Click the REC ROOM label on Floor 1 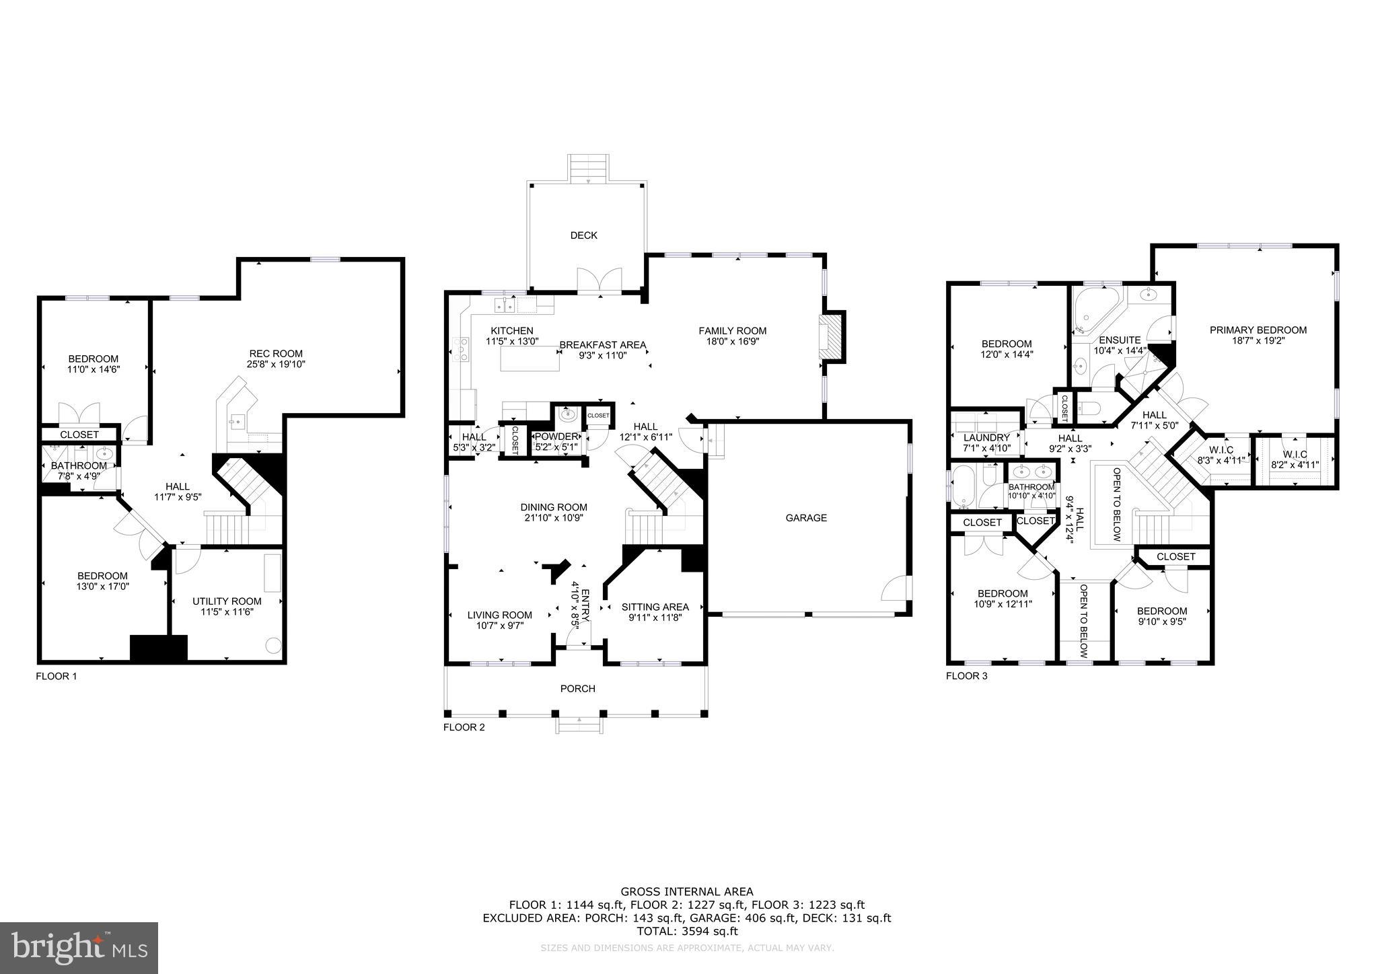click(x=276, y=353)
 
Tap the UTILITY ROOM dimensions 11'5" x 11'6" click(x=227, y=612)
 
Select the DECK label click(x=583, y=235)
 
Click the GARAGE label click(x=806, y=518)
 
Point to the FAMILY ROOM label click(x=732, y=330)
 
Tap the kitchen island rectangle click(x=530, y=361)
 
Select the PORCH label click(x=577, y=689)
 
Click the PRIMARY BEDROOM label click(x=1258, y=330)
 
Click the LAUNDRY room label click(x=986, y=438)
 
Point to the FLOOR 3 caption click(x=966, y=676)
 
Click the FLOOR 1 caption click(x=57, y=676)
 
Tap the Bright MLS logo click(x=79, y=948)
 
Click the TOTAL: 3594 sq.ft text click(x=687, y=932)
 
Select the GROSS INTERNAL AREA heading click(x=687, y=892)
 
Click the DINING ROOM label click(x=554, y=507)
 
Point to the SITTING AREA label click(x=655, y=607)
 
